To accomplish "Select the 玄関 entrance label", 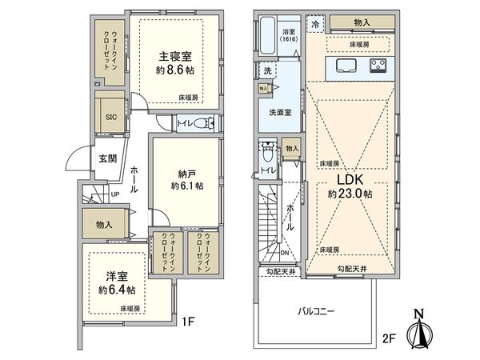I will [108, 158].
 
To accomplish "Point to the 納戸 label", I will [185, 171].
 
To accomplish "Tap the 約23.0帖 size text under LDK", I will [350, 194].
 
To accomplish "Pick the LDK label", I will [350, 179].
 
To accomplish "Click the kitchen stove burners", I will [378, 66].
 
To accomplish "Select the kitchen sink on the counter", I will [350, 66].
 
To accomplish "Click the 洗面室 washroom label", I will [280, 113].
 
